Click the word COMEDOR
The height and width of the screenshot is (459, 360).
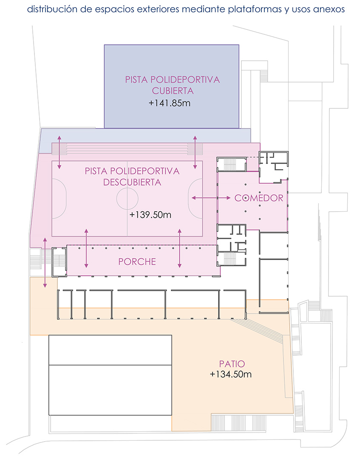tap(259, 198)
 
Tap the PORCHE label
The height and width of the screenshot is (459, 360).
tap(137, 261)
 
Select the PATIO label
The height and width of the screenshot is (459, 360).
tap(232, 364)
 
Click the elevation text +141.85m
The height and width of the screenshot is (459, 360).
tap(170, 103)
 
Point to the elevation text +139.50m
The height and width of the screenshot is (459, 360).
tap(150, 215)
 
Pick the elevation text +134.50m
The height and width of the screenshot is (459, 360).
tap(231, 374)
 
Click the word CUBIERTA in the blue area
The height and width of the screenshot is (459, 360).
tap(173, 91)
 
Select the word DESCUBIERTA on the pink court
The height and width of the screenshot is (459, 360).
tap(132, 182)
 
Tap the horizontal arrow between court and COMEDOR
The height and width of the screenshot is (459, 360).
tap(211, 198)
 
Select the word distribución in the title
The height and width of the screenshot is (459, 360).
tap(52, 9)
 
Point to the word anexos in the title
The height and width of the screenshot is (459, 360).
tap(329, 9)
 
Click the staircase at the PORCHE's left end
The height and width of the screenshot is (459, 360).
tap(59, 262)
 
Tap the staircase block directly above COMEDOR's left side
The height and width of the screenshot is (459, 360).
tap(231, 164)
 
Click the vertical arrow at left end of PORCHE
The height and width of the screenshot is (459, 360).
tap(86, 248)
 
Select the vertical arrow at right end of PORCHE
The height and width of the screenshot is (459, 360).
tap(179, 248)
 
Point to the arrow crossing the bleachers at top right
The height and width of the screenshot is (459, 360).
tap(195, 152)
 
